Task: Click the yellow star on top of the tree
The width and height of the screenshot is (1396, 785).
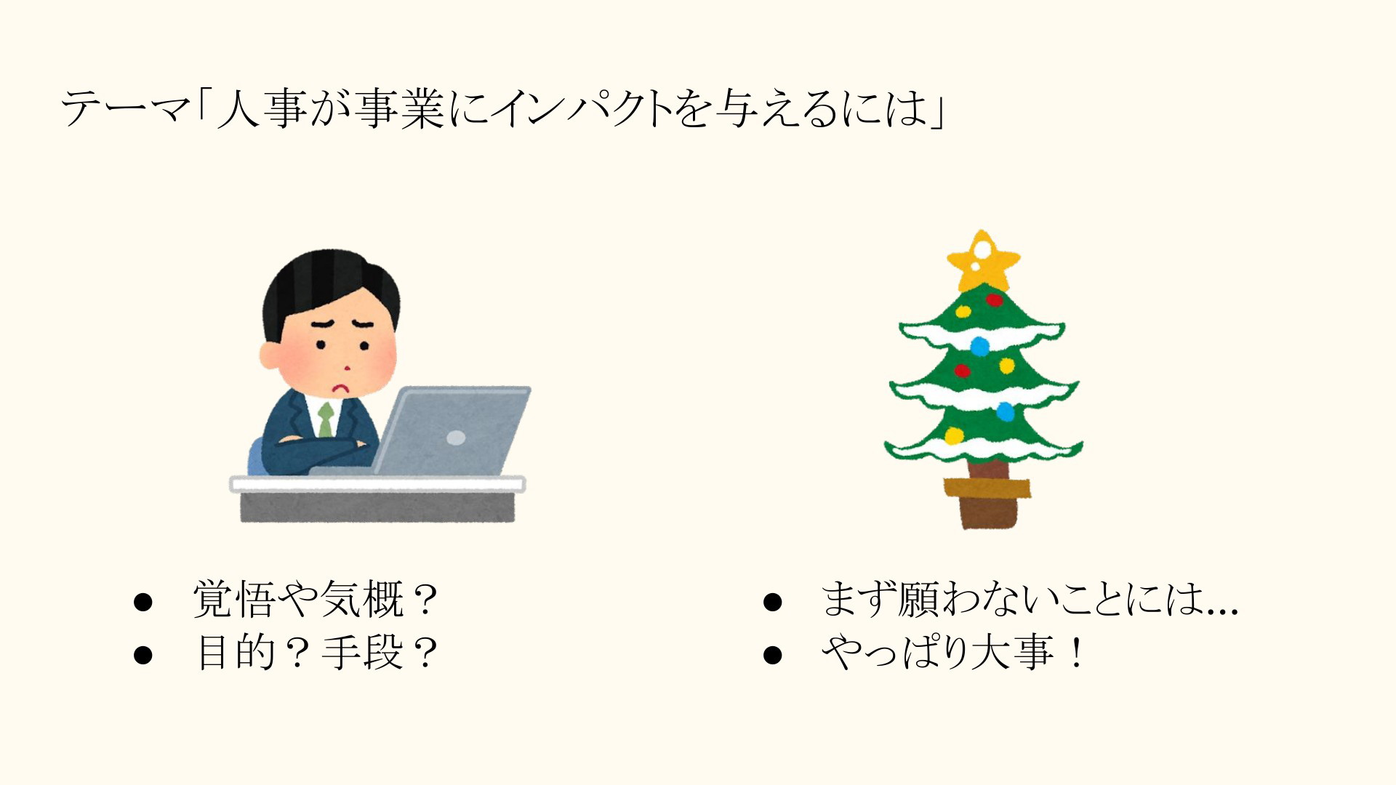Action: (983, 261)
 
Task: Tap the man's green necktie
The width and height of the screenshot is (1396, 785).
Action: (326, 419)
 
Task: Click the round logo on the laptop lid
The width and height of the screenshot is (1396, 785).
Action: (456, 438)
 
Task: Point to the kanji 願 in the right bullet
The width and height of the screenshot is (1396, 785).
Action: (919, 600)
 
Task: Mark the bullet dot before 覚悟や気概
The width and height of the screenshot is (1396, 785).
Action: (143, 603)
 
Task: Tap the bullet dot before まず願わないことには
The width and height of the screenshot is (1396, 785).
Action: (772, 603)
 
